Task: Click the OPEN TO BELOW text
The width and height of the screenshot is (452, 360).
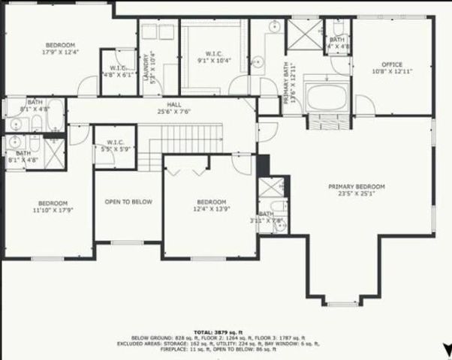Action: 128,202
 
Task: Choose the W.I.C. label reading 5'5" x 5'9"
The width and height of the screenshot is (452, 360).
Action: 115,145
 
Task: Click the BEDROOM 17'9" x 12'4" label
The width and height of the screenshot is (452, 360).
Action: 59,49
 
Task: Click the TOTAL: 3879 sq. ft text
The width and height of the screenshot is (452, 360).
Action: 225,330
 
